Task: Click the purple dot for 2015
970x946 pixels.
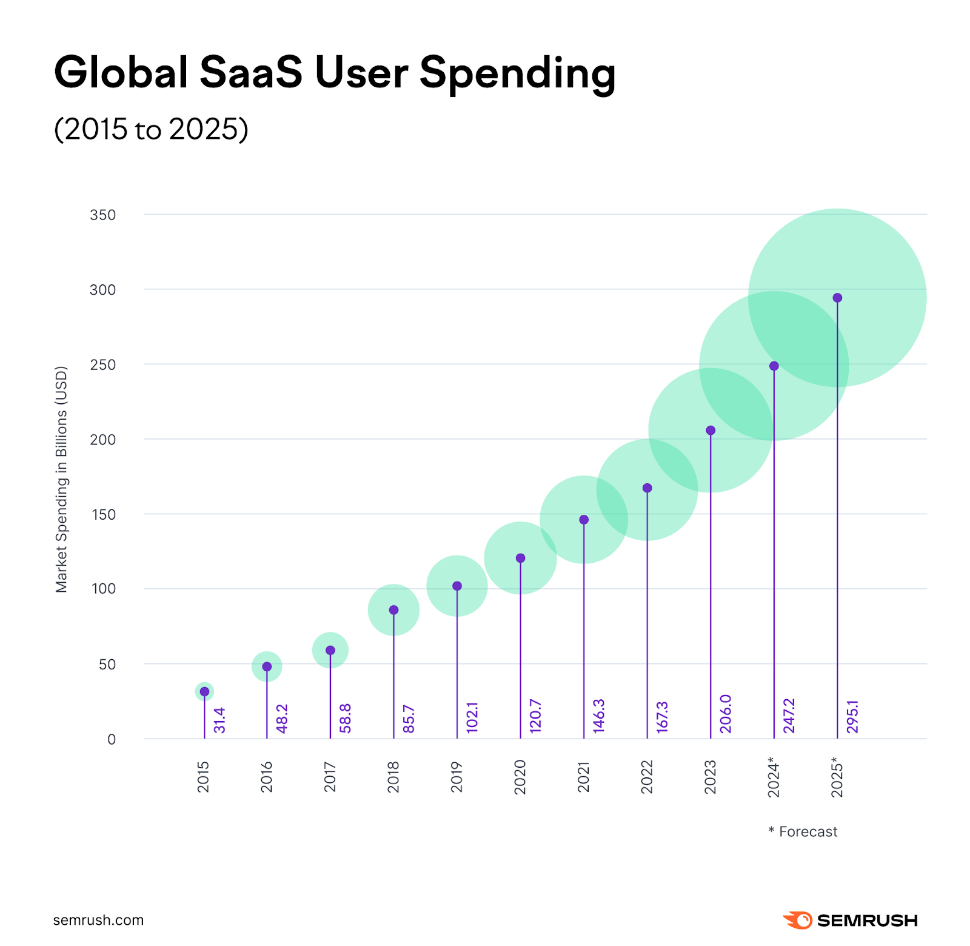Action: [204, 691]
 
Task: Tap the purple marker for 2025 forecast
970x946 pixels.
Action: [837, 298]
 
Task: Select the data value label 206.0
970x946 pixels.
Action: [726, 714]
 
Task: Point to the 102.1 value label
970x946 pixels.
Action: [472, 717]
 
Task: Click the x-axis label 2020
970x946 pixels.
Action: [520, 777]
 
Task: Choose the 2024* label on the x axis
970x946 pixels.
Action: [774, 777]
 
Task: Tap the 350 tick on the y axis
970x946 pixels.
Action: [102, 215]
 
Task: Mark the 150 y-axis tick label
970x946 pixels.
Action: [102, 515]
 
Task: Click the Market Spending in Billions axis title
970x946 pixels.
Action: [61, 479]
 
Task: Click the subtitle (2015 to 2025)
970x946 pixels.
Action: [151, 129]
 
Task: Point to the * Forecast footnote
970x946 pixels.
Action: [803, 831]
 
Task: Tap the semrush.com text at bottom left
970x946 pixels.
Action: [98, 920]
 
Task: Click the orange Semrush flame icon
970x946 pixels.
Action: [798, 920]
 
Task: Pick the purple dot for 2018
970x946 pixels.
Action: [393, 610]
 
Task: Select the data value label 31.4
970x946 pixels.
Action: [219, 720]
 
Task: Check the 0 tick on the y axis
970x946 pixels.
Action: [112, 739]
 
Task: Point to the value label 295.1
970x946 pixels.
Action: [852, 716]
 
